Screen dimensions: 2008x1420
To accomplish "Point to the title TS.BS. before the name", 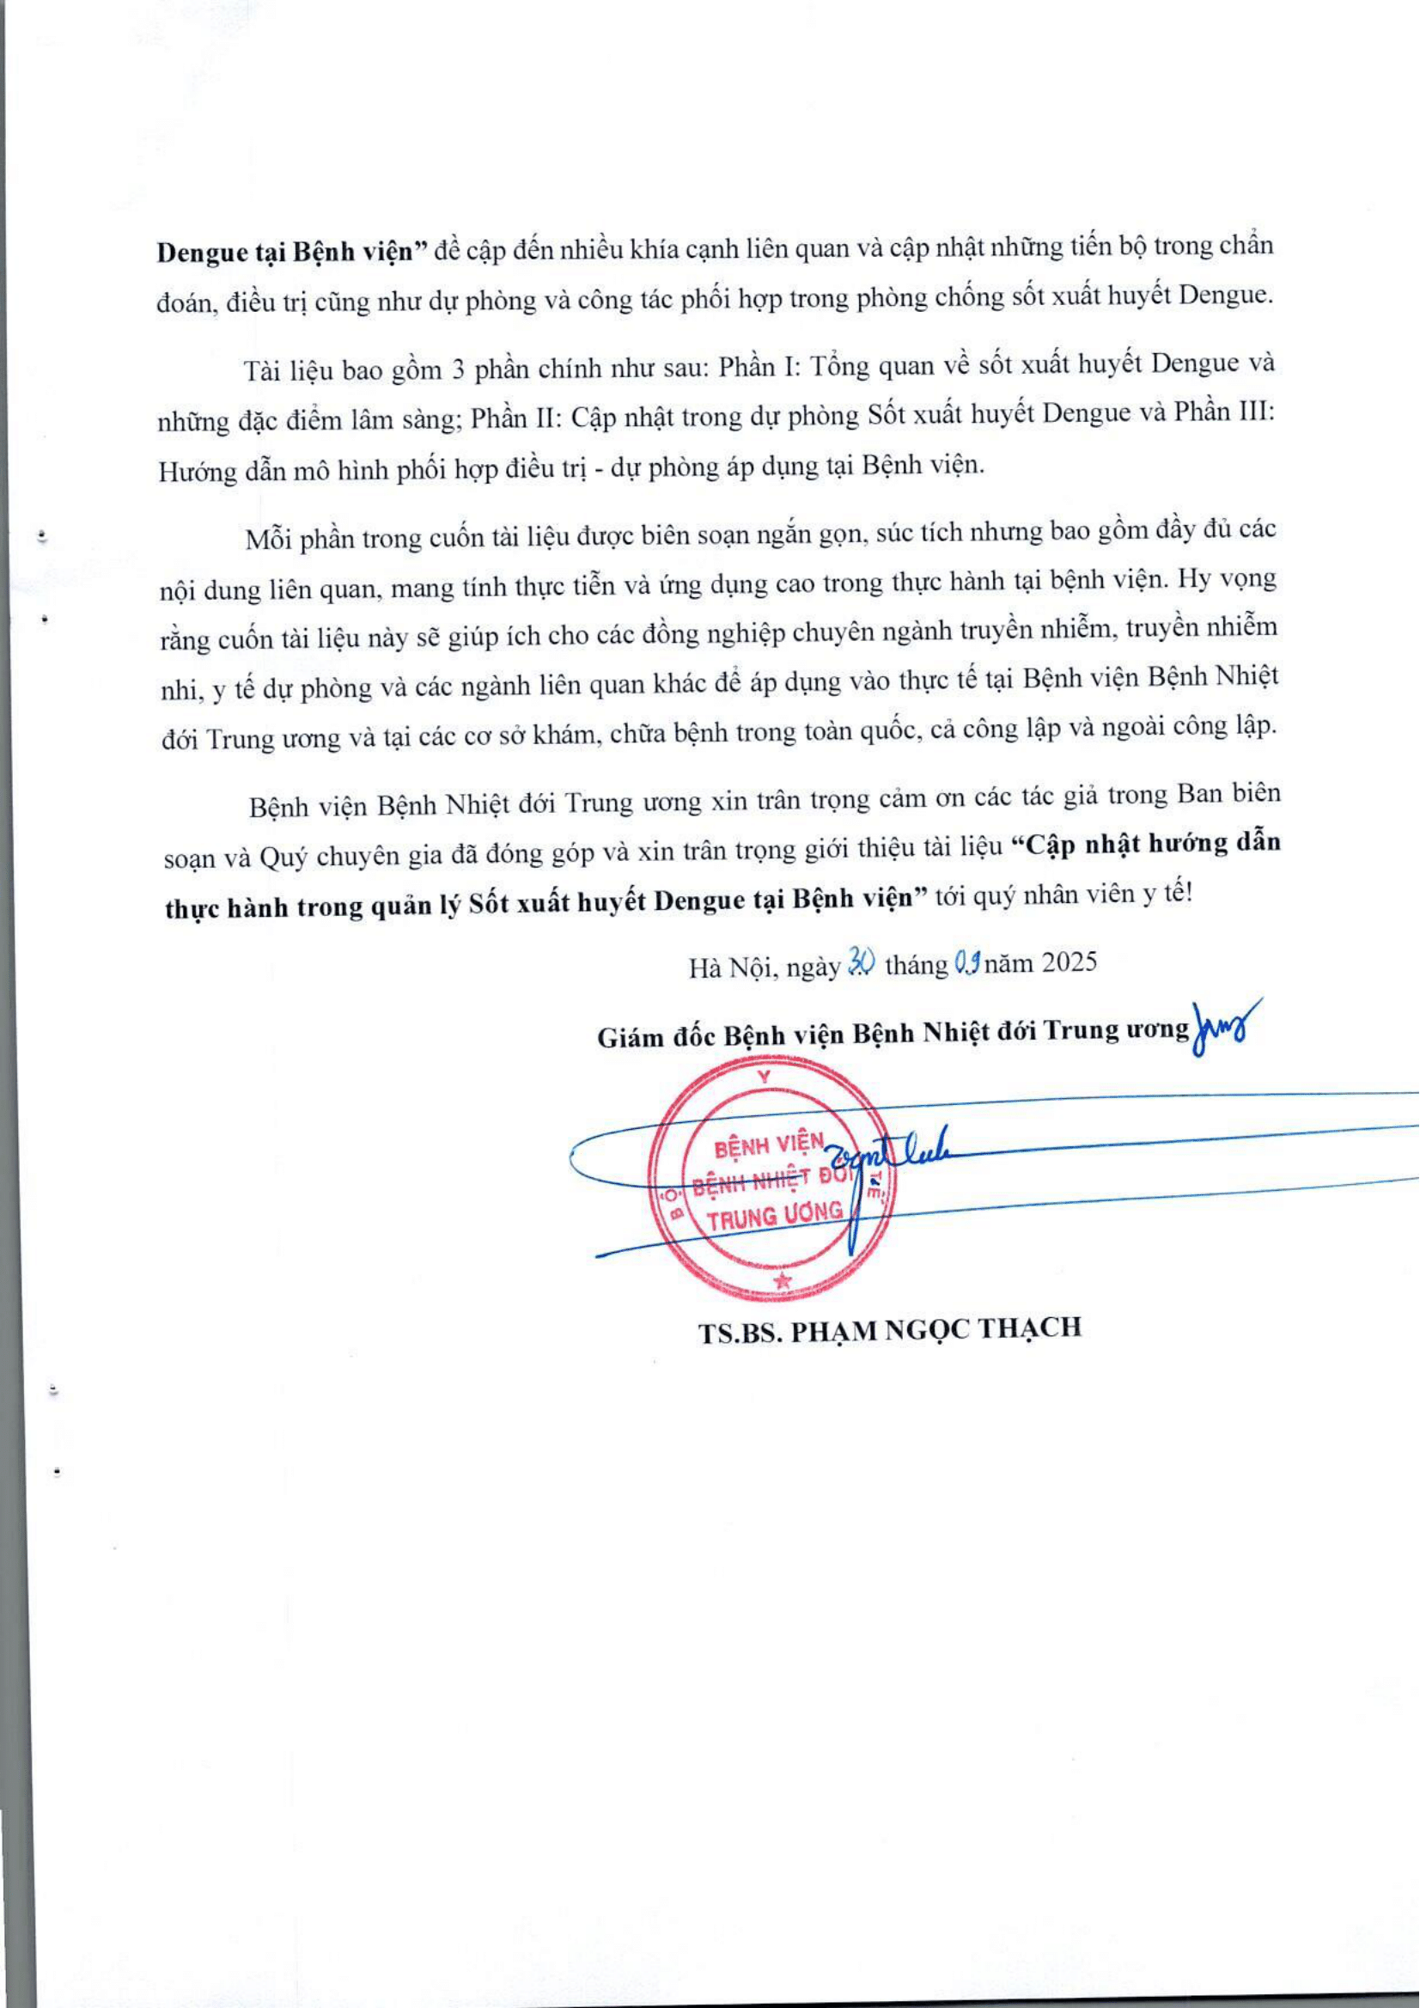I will pos(739,1331).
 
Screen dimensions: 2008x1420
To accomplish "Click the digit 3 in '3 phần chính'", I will pos(456,369).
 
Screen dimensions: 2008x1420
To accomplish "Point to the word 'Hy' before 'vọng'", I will pos(1194,578).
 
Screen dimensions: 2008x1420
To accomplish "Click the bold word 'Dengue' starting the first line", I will pos(204,252).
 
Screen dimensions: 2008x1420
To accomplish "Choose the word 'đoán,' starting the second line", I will pos(186,303).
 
